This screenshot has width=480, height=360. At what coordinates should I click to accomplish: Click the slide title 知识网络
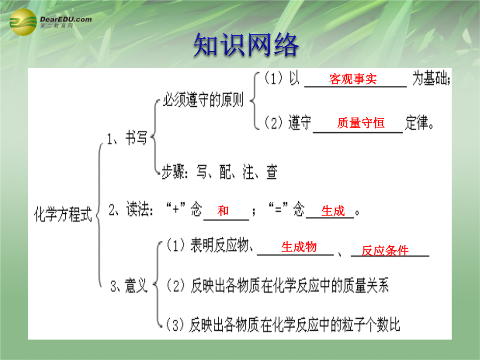(246, 45)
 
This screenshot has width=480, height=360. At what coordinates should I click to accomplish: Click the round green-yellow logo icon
(23, 22)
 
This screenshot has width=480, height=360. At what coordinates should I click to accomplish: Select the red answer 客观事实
(352, 79)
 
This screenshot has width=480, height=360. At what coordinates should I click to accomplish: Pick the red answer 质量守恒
(361, 123)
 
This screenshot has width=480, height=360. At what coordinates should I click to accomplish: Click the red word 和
(223, 211)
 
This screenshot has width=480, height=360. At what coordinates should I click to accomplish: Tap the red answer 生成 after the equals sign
(333, 211)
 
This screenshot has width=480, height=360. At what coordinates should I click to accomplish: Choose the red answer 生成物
(299, 247)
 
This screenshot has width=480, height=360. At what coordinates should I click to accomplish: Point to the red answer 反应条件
(385, 251)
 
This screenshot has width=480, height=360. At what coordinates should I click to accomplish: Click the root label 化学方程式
(63, 214)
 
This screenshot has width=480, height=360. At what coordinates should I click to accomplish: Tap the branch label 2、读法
(131, 210)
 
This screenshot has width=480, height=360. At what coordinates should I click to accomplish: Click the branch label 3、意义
(129, 286)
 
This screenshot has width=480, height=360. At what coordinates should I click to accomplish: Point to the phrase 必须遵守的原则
(203, 100)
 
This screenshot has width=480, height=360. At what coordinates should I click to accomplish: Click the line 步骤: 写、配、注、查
(220, 172)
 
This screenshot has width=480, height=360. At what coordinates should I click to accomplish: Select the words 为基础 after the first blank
(431, 78)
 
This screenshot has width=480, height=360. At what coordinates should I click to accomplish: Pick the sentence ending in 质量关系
(277, 286)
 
